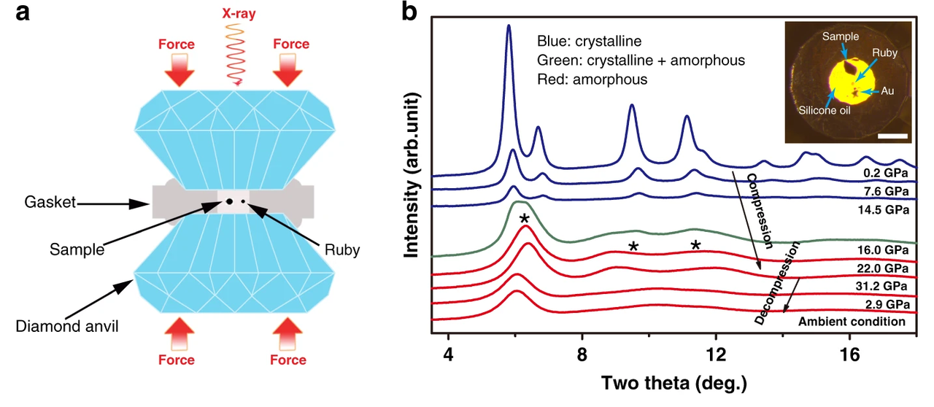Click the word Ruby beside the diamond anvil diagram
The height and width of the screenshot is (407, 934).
pos(343,249)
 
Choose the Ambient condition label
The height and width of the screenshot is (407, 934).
pos(852,321)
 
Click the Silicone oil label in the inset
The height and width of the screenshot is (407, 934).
pos(820,113)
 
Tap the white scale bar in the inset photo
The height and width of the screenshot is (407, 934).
pos(897,136)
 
